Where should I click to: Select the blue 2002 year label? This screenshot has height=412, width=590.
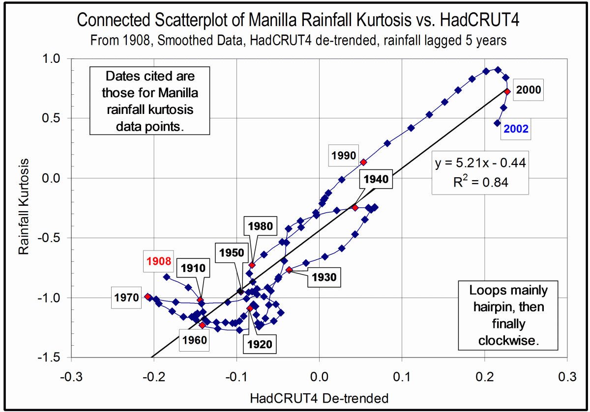point(515,129)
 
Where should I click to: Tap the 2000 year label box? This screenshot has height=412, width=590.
point(529,90)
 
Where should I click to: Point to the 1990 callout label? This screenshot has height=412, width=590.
point(344,156)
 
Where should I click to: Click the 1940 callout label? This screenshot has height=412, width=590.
point(377,180)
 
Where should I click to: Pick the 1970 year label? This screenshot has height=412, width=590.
point(127,298)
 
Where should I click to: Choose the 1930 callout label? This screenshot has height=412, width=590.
point(323,277)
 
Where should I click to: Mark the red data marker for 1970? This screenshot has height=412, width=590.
point(147,297)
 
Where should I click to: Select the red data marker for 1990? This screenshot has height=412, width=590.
point(363,162)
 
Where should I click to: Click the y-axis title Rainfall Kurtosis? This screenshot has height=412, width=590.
point(23,207)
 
